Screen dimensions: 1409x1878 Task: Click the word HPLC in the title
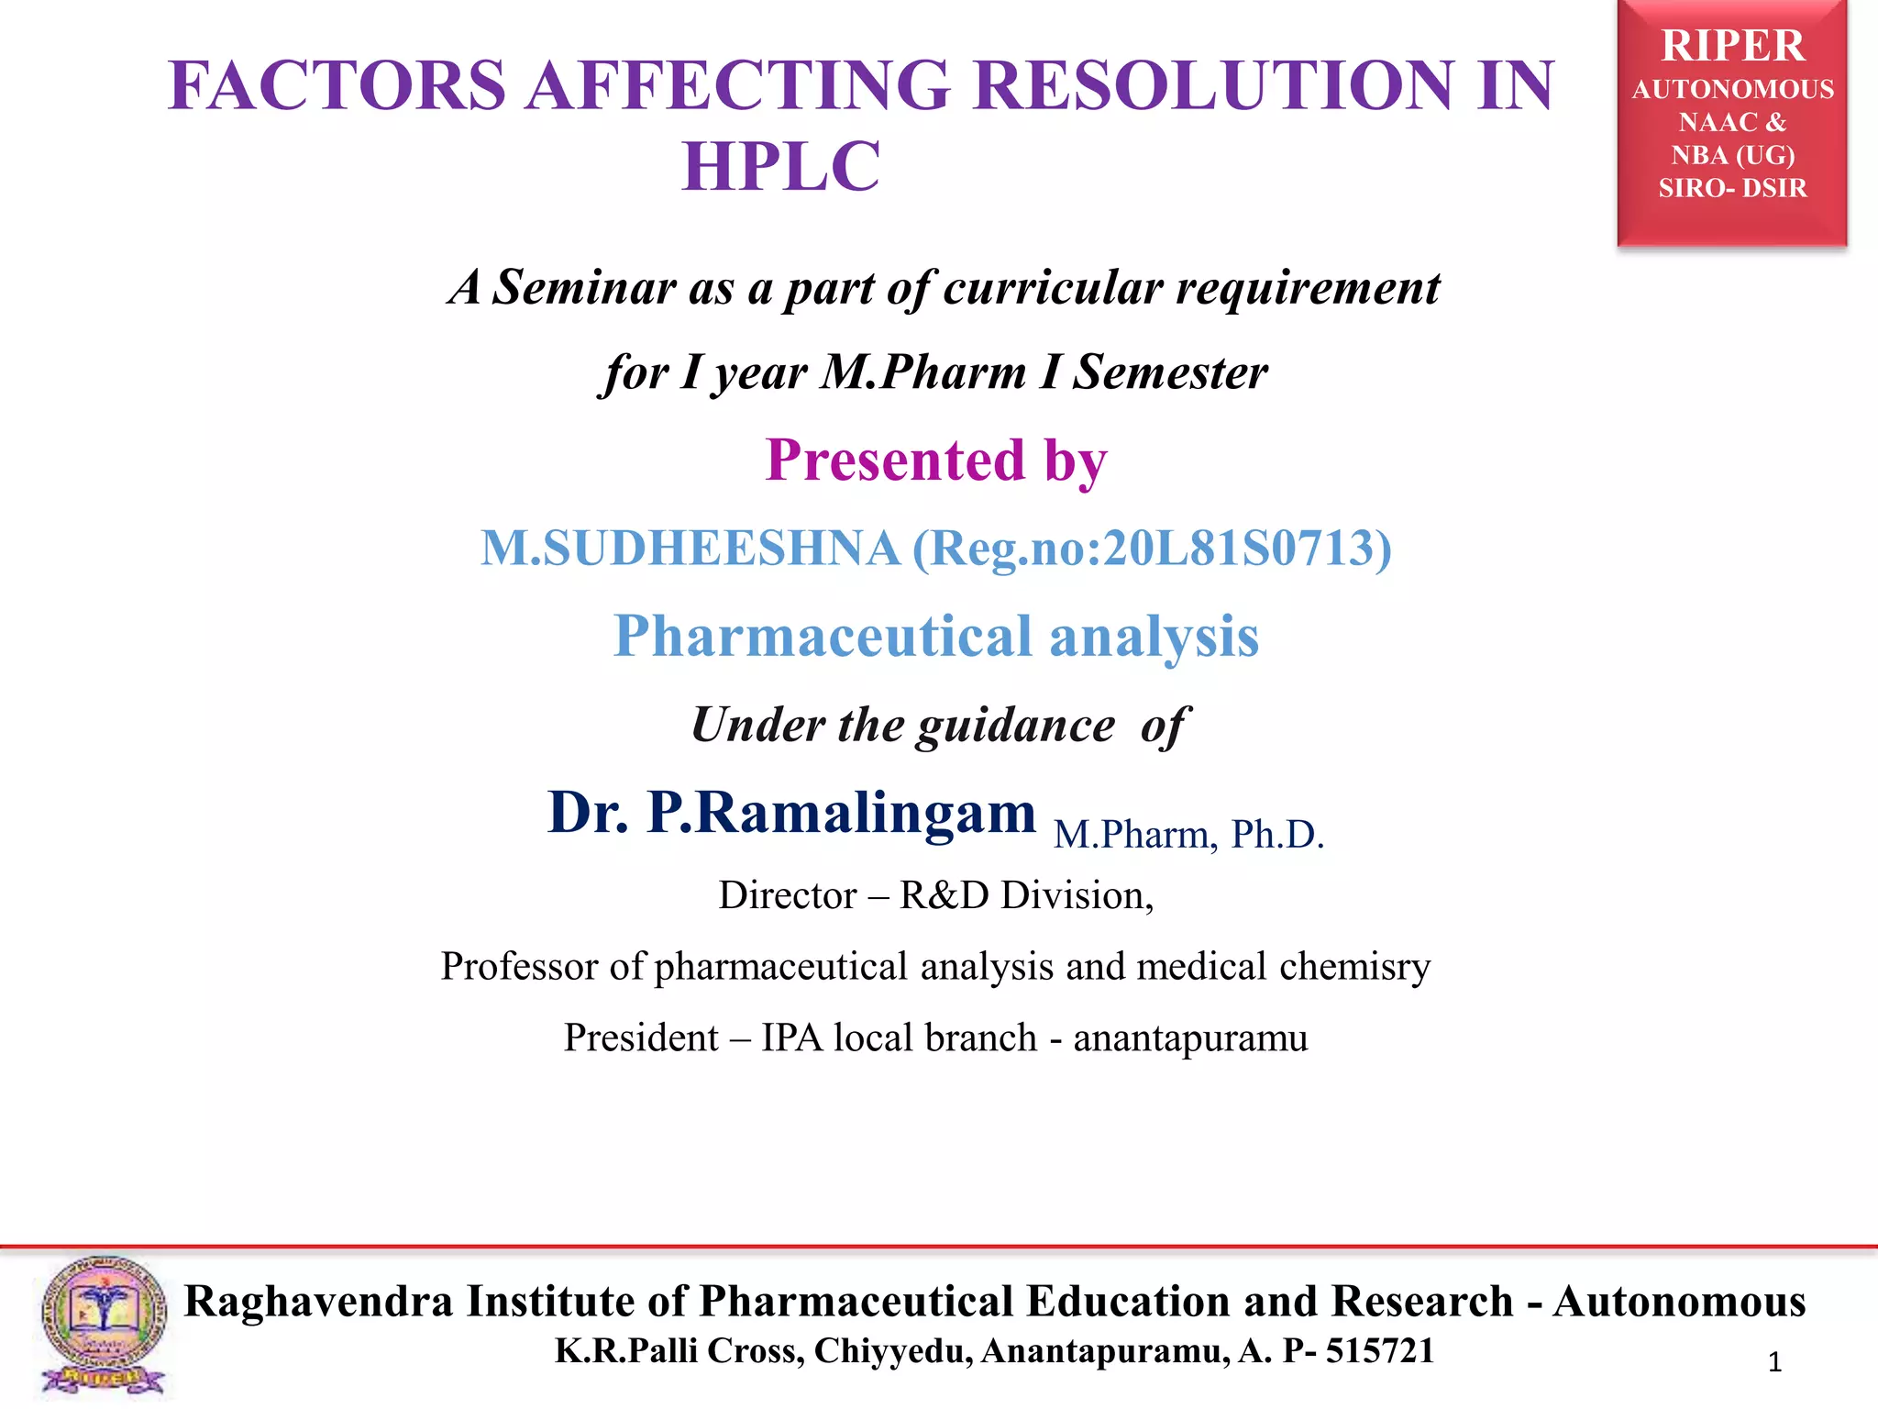coord(781,167)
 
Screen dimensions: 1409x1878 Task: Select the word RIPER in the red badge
coord(1732,46)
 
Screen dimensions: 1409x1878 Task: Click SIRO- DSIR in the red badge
coord(1732,188)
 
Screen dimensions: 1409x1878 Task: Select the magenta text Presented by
coord(936,460)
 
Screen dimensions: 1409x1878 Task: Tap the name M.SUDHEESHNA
coord(690,549)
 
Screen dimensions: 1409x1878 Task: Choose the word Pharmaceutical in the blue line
coord(823,636)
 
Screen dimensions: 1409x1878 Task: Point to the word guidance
coord(1016,726)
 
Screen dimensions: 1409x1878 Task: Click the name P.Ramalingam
coord(841,813)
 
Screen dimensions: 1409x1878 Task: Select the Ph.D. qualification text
coord(1277,835)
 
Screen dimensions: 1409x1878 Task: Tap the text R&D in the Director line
coord(945,895)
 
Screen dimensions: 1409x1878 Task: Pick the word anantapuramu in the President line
coord(1190,1038)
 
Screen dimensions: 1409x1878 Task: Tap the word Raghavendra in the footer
coord(318,1302)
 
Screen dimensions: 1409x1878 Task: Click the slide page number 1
coord(1774,1362)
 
